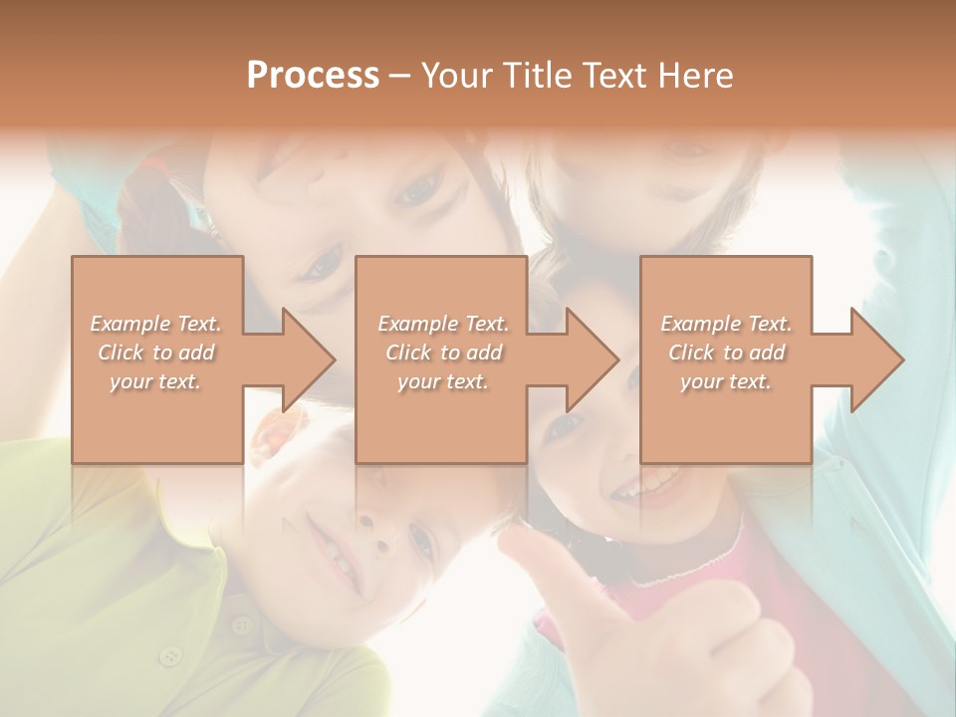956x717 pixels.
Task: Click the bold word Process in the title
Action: point(313,76)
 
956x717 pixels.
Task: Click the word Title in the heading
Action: point(536,76)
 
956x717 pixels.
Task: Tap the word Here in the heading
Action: point(695,76)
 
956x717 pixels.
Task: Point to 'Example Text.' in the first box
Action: point(156,324)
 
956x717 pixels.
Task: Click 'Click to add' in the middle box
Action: point(443,353)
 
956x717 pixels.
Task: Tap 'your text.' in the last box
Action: point(726,381)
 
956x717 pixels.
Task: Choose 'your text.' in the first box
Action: point(155,381)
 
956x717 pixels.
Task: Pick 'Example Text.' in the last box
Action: point(726,324)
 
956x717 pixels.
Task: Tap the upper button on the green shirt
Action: point(241,625)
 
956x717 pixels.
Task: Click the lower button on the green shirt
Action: point(172,655)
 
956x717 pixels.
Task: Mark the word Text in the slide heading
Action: point(612,76)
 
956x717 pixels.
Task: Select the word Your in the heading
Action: point(458,76)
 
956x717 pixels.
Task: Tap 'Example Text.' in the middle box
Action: point(443,324)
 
